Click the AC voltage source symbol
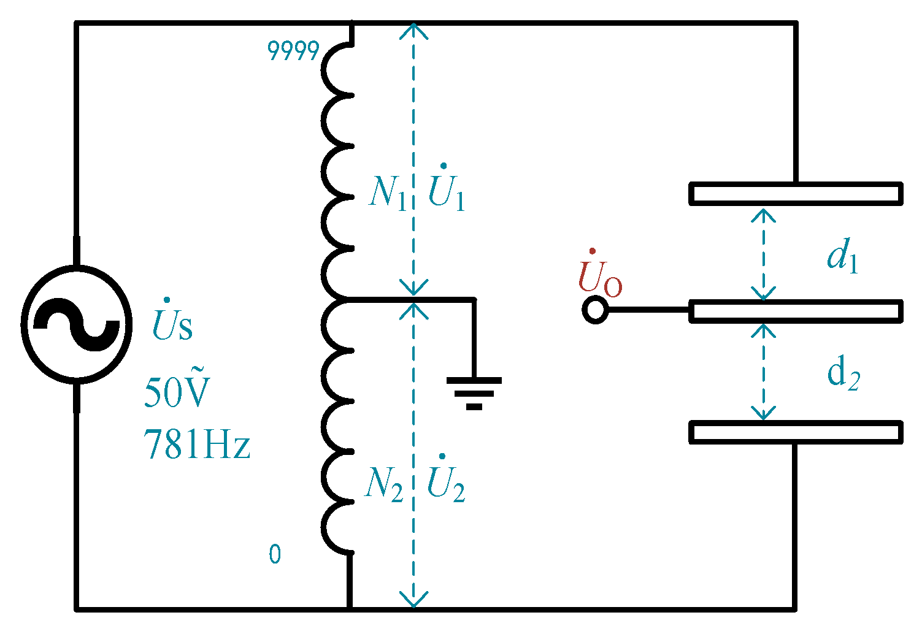click(x=77, y=325)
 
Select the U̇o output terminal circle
click(x=594, y=310)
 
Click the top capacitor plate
click(x=796, y=193)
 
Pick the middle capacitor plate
click(x=796, y=311)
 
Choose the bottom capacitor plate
click(x=796, y=432)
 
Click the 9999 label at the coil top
click(x=293, y=52)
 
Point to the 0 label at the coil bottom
click(x=275, y=554)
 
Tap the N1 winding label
click(x=387, y=193)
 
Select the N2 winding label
click(x=384, y=484)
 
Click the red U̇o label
click(x=599, y=276)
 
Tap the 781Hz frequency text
click(x=197, y=445)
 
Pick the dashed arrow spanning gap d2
click(x=763, y=371)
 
